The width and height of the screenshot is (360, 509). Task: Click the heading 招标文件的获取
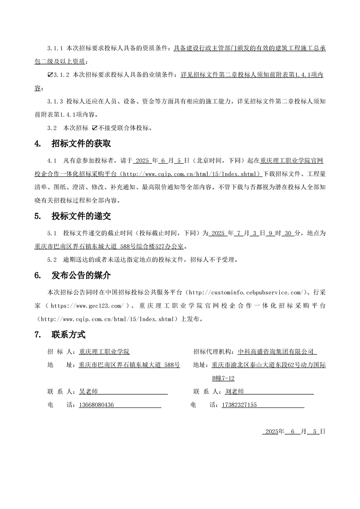click(81, 144)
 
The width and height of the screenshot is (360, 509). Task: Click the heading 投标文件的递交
click(81, 216)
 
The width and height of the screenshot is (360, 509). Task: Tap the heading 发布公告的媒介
click(81, 275)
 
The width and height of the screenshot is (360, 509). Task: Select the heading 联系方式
click(69, 335)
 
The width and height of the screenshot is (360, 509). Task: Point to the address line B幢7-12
click(223, 378)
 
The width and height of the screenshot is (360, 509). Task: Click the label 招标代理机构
click(212, 352)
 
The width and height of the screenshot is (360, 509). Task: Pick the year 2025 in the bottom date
click(271, 431)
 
